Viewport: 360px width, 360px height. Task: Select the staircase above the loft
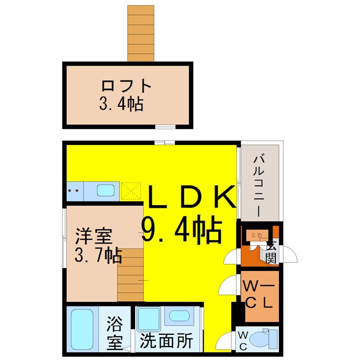[141, 33]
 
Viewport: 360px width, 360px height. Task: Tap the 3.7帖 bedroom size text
[98, 256]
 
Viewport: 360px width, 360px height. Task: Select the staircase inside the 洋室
[130, 274]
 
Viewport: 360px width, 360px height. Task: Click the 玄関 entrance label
[271, 252]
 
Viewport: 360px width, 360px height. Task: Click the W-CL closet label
[258, 293]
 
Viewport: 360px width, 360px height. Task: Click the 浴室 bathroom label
[114, 333]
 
